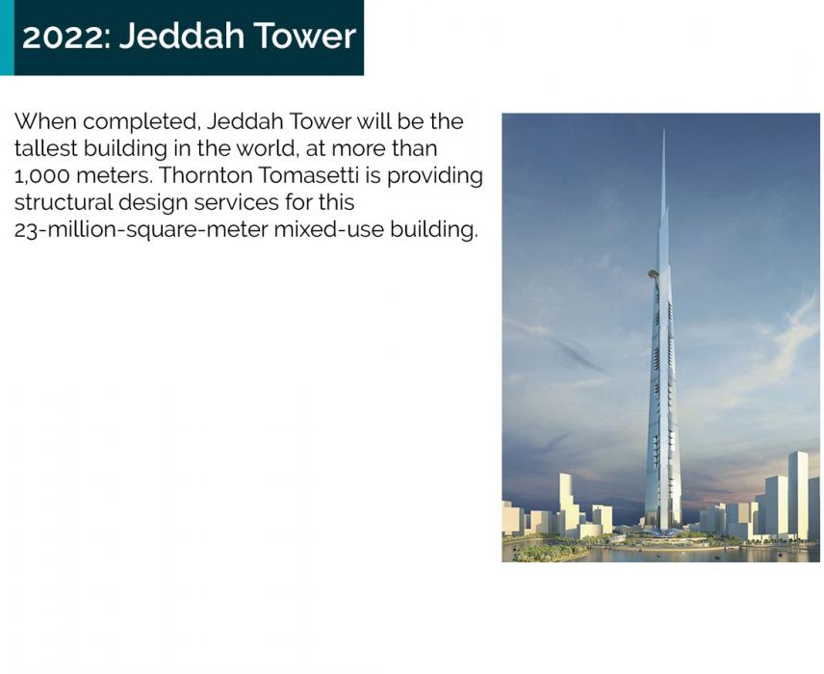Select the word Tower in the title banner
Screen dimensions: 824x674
pyautogui.click(x=305, y=36)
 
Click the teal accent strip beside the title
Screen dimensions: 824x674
pyautogui.click(x=7, y=38)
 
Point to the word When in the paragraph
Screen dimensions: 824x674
pyautogui.click(x=45, y=121)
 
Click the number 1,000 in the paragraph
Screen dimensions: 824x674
pyautogui.click(x=41, y=175)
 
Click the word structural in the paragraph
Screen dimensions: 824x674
pyautogui.click(x=64, y=202)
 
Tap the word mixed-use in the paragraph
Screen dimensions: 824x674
pyautogui.click(x=329, y=230)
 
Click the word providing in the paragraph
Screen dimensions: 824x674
pyautogui.click(x=435, y=176)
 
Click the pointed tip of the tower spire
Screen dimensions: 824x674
pyautogui.click(x=664, y=130)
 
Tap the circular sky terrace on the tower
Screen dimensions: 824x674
pyautogui.click(x=654, y=273)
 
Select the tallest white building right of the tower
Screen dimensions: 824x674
pyautogui.click(x=798, y=495)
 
